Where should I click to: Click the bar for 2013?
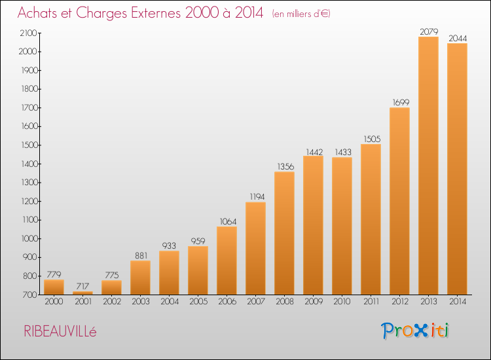pos(428,166)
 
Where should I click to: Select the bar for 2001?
pos(82,293)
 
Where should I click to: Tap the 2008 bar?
pos(284,233)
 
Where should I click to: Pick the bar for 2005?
pos(198,270)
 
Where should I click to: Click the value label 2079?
pos(429,31)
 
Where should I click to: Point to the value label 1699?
pos(401,102)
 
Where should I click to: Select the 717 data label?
pos(82,286)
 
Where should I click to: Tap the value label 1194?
pos(257,196)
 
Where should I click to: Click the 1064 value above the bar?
pos(228,222)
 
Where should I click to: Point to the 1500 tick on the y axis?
pos(29,145)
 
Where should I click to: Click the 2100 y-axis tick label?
pos(29,33)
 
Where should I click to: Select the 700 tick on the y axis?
pos(29,295)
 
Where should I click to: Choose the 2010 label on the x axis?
pos(342,302)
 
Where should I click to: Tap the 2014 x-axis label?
pos(458,302)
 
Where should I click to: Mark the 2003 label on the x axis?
pos(141,302)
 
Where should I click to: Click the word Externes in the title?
pos(156,13)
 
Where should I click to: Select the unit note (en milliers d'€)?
pos(301,14)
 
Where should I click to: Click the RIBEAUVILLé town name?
pos(60,331)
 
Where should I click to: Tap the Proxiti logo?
pos(415,331)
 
